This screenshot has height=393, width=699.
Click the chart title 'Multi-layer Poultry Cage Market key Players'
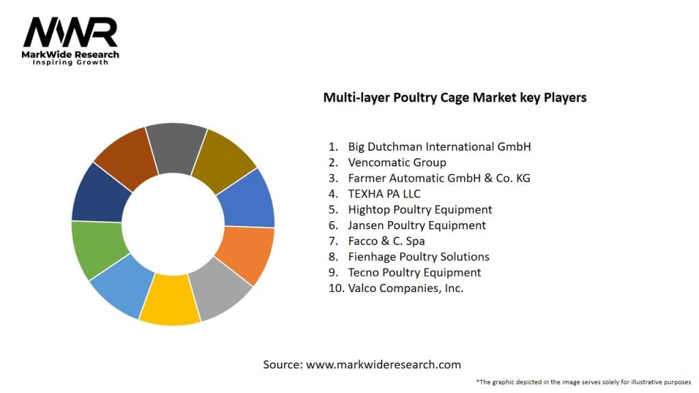455,98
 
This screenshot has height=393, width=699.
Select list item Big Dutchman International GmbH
439,147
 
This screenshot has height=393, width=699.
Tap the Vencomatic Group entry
397,162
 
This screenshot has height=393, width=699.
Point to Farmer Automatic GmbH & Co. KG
439,178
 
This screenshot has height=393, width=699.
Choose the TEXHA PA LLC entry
384,194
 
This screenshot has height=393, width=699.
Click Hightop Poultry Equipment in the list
420,209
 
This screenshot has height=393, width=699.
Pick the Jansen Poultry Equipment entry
417,225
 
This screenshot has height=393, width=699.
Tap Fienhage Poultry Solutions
418,257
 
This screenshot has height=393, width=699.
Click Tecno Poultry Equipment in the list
414,272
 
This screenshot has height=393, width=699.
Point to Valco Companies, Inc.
405,288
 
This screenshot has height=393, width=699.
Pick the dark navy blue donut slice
99,193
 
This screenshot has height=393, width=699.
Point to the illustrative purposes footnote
584,382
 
